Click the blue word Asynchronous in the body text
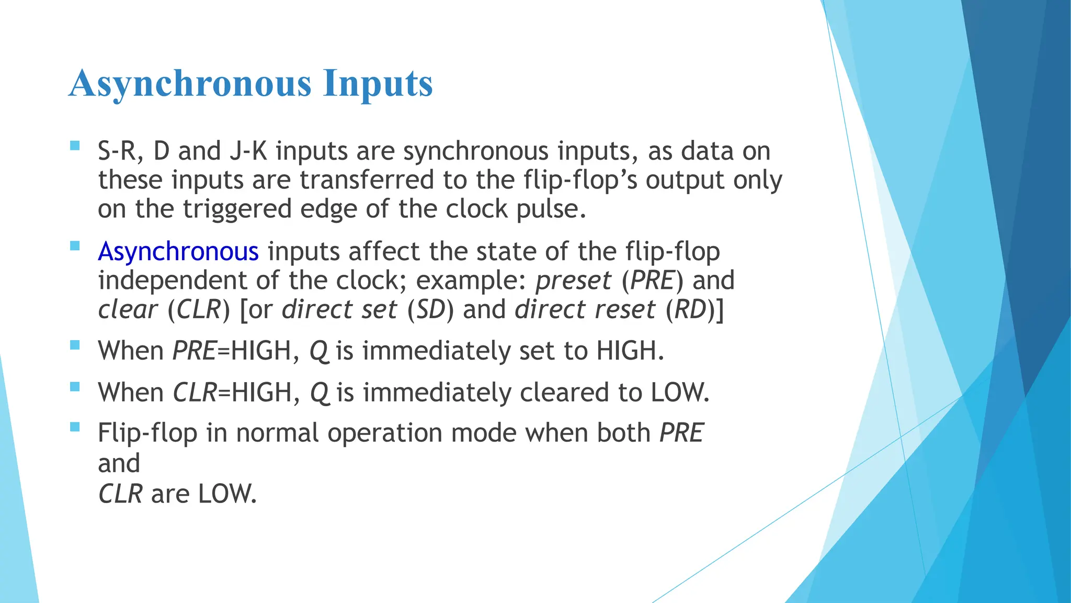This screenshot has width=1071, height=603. point(178,252)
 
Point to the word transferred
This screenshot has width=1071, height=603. point(367,180)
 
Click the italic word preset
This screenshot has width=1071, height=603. point(573,281)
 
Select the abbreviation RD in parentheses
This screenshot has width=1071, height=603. point(691,309)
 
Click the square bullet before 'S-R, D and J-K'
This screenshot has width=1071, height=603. point(75,146)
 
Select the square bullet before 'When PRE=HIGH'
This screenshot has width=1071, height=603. point(75,345)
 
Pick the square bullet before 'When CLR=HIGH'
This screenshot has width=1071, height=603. point(75,387)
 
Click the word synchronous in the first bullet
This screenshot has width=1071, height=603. point(475,151)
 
